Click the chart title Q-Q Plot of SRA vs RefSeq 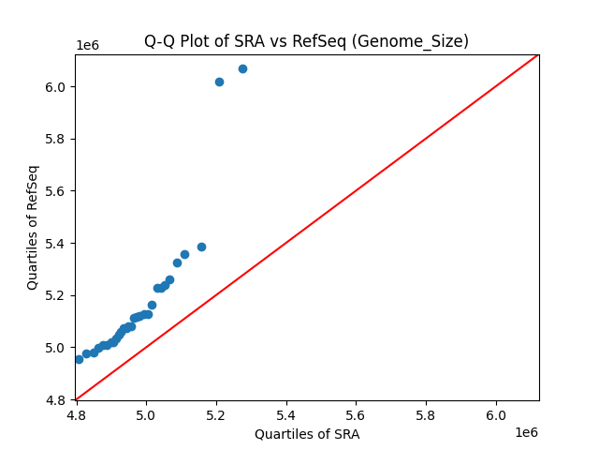(x=306, y=41)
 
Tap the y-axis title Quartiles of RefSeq (x=33, y=227)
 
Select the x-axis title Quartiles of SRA (x=307, y=434)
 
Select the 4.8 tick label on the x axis (x=76, y=414)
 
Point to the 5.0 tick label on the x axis (x=146, y=414)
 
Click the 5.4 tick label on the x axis (x=286, y=414)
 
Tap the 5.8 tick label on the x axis (x=426, y=414)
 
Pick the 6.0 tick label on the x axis (x=496, y=414)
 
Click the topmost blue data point (x=242, y=68)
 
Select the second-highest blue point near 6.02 (x=219, y=82)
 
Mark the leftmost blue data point (x=79, y=359)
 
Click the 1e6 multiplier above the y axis (x=88, y=46)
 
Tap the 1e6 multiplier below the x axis (x=525, y=432)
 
